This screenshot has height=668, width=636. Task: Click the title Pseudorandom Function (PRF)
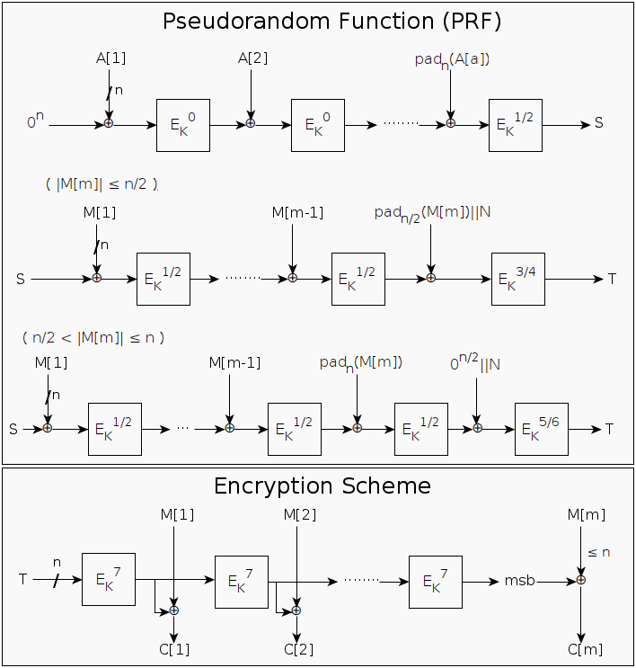(x=332, y=22)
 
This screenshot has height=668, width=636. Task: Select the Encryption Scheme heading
(x=322, y=486)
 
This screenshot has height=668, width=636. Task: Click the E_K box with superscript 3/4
(x=518, y=279)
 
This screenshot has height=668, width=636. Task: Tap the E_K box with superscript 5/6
(x=542, y=429)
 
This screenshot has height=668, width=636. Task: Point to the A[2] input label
(x=252, y=58)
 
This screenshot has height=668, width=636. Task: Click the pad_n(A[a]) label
(x=452, y=60)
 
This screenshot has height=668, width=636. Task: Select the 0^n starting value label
(x=35, y=120)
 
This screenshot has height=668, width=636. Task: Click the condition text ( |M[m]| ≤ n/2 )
(x=102, y=184)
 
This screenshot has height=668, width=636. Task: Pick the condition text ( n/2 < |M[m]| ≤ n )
(x=93, y=338)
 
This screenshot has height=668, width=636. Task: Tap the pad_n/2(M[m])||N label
(x=432, y=214)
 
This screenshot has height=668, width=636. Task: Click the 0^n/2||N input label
(x=475, y=362)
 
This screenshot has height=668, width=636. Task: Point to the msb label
(x=519, y=580)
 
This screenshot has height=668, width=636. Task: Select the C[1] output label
(x=174, y=650)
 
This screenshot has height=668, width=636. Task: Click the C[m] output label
(x=586, y=650)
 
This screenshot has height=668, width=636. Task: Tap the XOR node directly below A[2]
(x=251, y=123)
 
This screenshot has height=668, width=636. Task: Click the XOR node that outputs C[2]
(x=296, y=610)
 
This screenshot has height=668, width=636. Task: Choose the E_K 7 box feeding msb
(x=436, y=582)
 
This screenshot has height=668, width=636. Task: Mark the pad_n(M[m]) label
(x=361, y=364)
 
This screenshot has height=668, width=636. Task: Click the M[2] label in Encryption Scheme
(x=300, y=515)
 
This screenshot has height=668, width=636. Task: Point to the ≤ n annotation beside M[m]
(x=599, y=553)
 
